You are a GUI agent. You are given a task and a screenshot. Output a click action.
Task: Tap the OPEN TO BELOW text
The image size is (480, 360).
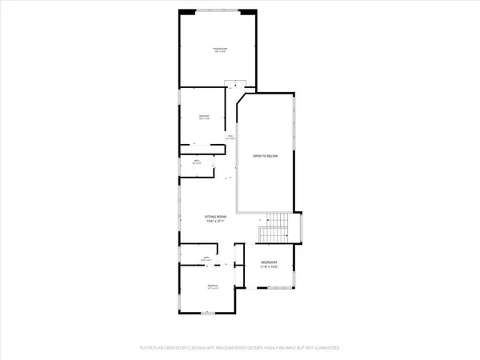pyautogui.click(x=265, y=155)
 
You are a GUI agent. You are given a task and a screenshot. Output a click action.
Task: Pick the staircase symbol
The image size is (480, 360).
pyautogui.click(x=275, y=229)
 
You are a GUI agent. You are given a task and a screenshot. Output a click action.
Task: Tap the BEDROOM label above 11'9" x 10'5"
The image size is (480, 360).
pyautogui.click(x=270, y=262)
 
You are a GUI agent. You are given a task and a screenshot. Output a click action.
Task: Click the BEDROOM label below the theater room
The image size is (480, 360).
pyautogui.click(x=205, y=116)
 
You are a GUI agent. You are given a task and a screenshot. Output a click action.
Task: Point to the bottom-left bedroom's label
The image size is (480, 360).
pyautogui.click(x=212, y=286)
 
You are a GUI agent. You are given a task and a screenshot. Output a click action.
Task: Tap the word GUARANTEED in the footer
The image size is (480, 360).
pyautogui.click(x=324, y=349)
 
